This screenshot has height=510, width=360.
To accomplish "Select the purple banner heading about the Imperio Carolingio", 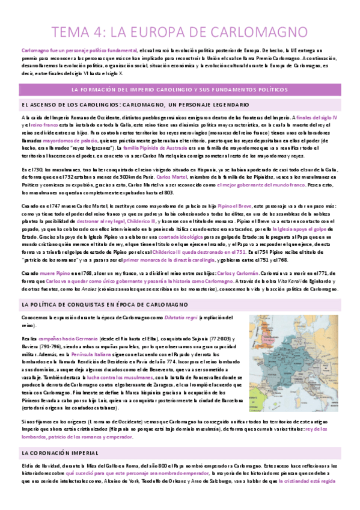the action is tap(180, 90).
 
